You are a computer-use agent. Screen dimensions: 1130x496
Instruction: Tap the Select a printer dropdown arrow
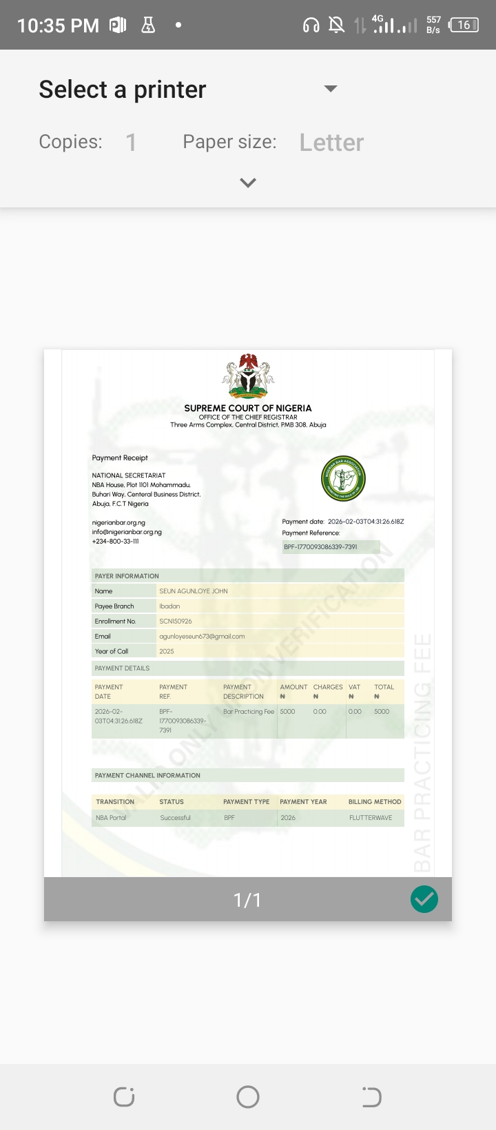331,89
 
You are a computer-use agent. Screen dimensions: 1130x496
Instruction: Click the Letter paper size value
331,143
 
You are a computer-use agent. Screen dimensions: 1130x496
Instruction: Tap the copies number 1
131,143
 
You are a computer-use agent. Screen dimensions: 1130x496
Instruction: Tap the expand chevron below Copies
248,183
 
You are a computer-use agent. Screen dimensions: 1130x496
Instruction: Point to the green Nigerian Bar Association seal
343,479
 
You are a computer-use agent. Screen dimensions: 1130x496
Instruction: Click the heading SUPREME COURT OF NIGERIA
248,408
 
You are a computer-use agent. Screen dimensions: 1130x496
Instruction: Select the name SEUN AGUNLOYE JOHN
194,591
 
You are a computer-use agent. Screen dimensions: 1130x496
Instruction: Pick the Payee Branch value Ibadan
169,606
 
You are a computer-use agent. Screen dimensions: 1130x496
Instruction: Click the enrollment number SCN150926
176,621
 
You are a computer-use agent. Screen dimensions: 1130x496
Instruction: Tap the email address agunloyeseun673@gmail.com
202,637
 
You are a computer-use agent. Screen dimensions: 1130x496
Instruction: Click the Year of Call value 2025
167,651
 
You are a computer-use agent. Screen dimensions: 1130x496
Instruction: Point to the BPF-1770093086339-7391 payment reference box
331,547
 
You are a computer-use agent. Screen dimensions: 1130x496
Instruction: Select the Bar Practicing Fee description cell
249,712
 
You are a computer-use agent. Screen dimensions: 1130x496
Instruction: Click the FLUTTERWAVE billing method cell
371,818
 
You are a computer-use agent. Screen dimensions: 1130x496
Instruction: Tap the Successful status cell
176,818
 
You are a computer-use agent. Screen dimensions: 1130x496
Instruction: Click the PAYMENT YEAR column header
303,802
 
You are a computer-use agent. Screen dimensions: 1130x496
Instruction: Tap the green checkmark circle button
424,899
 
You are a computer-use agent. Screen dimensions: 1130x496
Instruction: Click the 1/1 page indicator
247,900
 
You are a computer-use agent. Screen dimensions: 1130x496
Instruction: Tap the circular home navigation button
248,1097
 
